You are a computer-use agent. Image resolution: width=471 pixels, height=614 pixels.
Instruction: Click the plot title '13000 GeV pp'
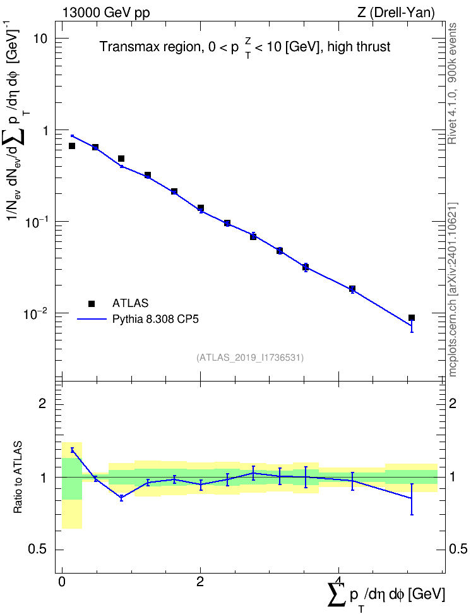point(105,13)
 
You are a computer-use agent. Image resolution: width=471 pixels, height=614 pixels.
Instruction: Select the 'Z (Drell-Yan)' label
point(396,13)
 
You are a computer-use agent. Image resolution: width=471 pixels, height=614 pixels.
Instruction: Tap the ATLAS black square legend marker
point(92,303)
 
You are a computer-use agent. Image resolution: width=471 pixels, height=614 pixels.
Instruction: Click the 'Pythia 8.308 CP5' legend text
point(155,319)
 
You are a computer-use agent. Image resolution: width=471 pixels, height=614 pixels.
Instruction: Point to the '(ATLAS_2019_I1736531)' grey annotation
point(250,357)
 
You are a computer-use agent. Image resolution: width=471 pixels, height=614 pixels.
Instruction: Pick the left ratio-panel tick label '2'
point(42,403)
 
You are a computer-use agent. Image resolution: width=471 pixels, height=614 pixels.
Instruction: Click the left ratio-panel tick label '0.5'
point(37,550)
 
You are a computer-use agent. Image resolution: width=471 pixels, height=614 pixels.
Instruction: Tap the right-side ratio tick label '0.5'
point(458,550)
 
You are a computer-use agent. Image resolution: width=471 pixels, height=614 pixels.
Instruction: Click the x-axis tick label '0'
point(62,582)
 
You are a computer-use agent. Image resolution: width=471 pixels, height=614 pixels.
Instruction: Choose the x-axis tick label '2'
point(200,582)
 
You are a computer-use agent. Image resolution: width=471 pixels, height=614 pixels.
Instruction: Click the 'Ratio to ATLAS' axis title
point(18,477)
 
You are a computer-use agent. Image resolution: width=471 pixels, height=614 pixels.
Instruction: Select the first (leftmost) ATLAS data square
point(72,146)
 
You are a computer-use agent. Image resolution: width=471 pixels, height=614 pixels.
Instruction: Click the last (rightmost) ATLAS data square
point(412,318)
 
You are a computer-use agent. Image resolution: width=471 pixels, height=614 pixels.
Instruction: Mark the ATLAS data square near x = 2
point(200,208)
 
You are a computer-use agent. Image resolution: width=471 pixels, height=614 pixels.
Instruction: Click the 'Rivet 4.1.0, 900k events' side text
point(453,83)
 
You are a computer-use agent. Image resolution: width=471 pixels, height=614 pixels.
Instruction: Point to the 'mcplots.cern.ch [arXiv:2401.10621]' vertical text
point(453,289)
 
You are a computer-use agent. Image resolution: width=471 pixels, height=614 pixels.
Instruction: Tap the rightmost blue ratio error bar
point(412,499)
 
